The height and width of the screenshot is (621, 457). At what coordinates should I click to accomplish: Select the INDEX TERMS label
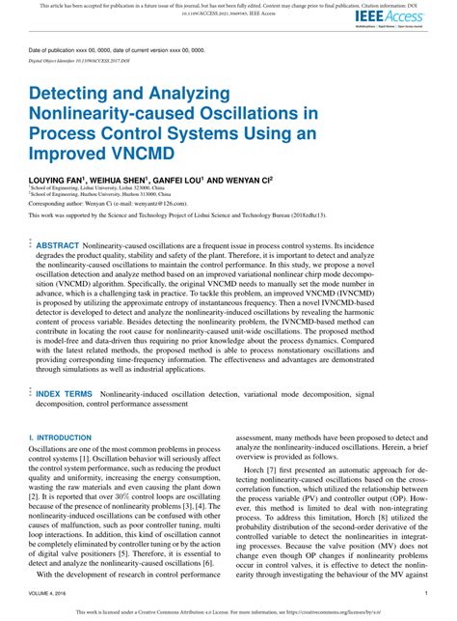(66, 395)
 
